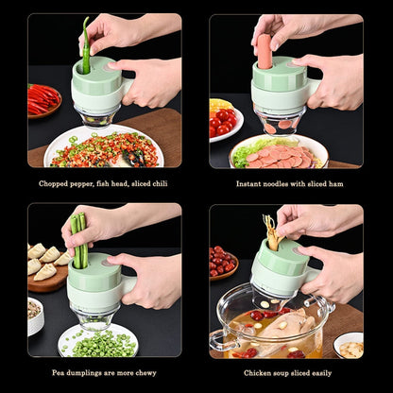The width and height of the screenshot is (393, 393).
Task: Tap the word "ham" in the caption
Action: pos(324,184)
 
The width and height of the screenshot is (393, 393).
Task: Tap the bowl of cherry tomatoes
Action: pos(225,119)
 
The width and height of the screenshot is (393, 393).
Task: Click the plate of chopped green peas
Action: pos(97,339)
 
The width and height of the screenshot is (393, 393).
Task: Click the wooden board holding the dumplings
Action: pos(47,274)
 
